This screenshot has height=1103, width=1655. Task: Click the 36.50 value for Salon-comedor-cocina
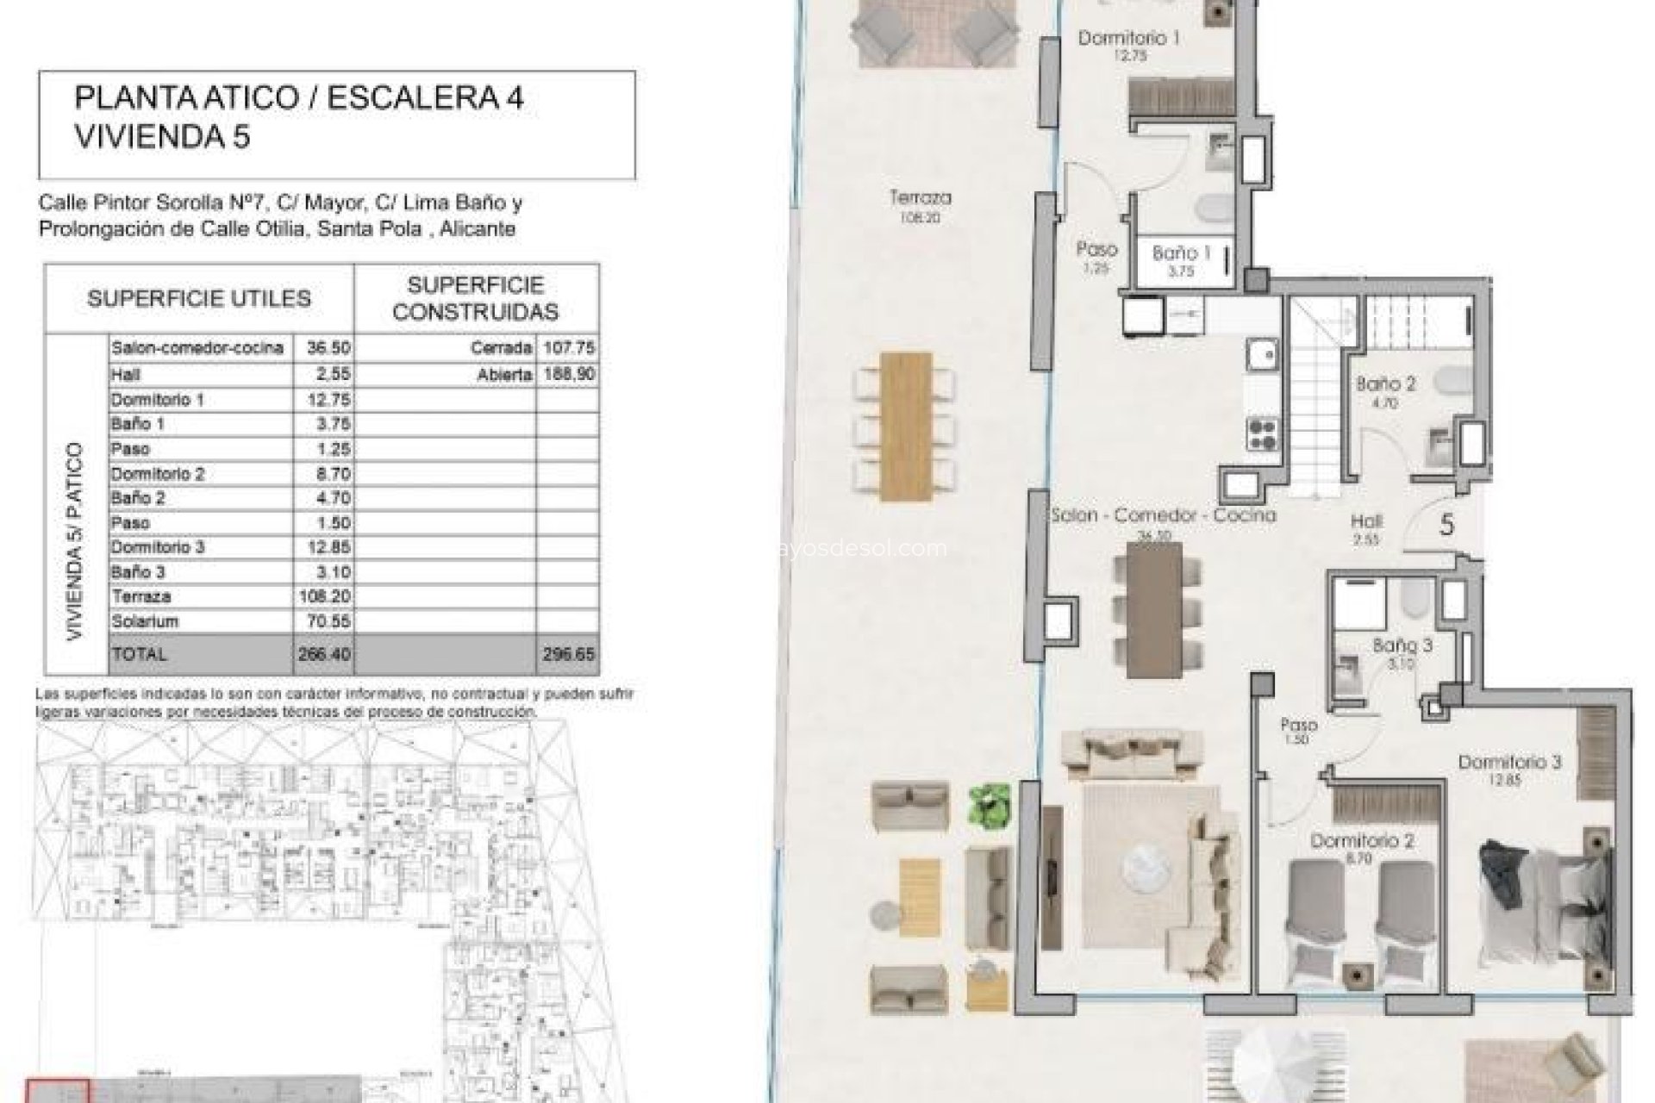[322, 347]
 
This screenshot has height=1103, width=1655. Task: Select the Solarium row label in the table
[144, 621]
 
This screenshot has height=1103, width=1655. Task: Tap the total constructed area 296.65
[567, 654]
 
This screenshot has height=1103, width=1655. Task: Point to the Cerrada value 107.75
[567, 347]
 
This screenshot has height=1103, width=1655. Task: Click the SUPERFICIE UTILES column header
[198, 299]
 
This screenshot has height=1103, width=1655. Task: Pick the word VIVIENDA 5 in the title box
[162, 137]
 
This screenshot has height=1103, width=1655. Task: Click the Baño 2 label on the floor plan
[1385, 384]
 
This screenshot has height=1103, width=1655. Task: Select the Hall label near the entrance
[1366, 521]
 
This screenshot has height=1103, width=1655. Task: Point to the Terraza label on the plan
[921, 198]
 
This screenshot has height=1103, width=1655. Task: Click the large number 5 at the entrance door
[1447, 525]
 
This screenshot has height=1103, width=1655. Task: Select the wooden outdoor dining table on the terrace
[906, 426]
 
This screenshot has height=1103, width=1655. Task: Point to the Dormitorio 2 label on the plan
[1362, 840]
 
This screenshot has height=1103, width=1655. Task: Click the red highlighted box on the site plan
[57, 1090]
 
